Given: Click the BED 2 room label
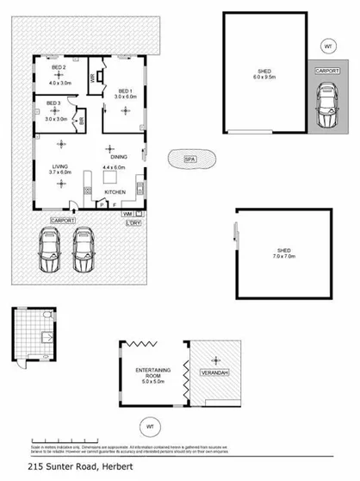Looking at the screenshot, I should click(x=59, y=68).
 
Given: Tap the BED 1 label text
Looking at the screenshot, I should click(x=124, y=91).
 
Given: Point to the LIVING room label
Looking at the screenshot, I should click(x=60, y=167).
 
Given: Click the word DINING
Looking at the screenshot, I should click(x=119, y=157).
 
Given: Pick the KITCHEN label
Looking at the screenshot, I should click(x=115, y=191).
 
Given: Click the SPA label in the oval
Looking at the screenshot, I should click(x=189, y=158).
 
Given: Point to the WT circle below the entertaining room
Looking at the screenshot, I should click(x=151, y=425).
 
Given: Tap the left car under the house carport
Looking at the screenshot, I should click(x=49, y=252).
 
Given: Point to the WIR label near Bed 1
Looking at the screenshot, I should click(x=93, y=78).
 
